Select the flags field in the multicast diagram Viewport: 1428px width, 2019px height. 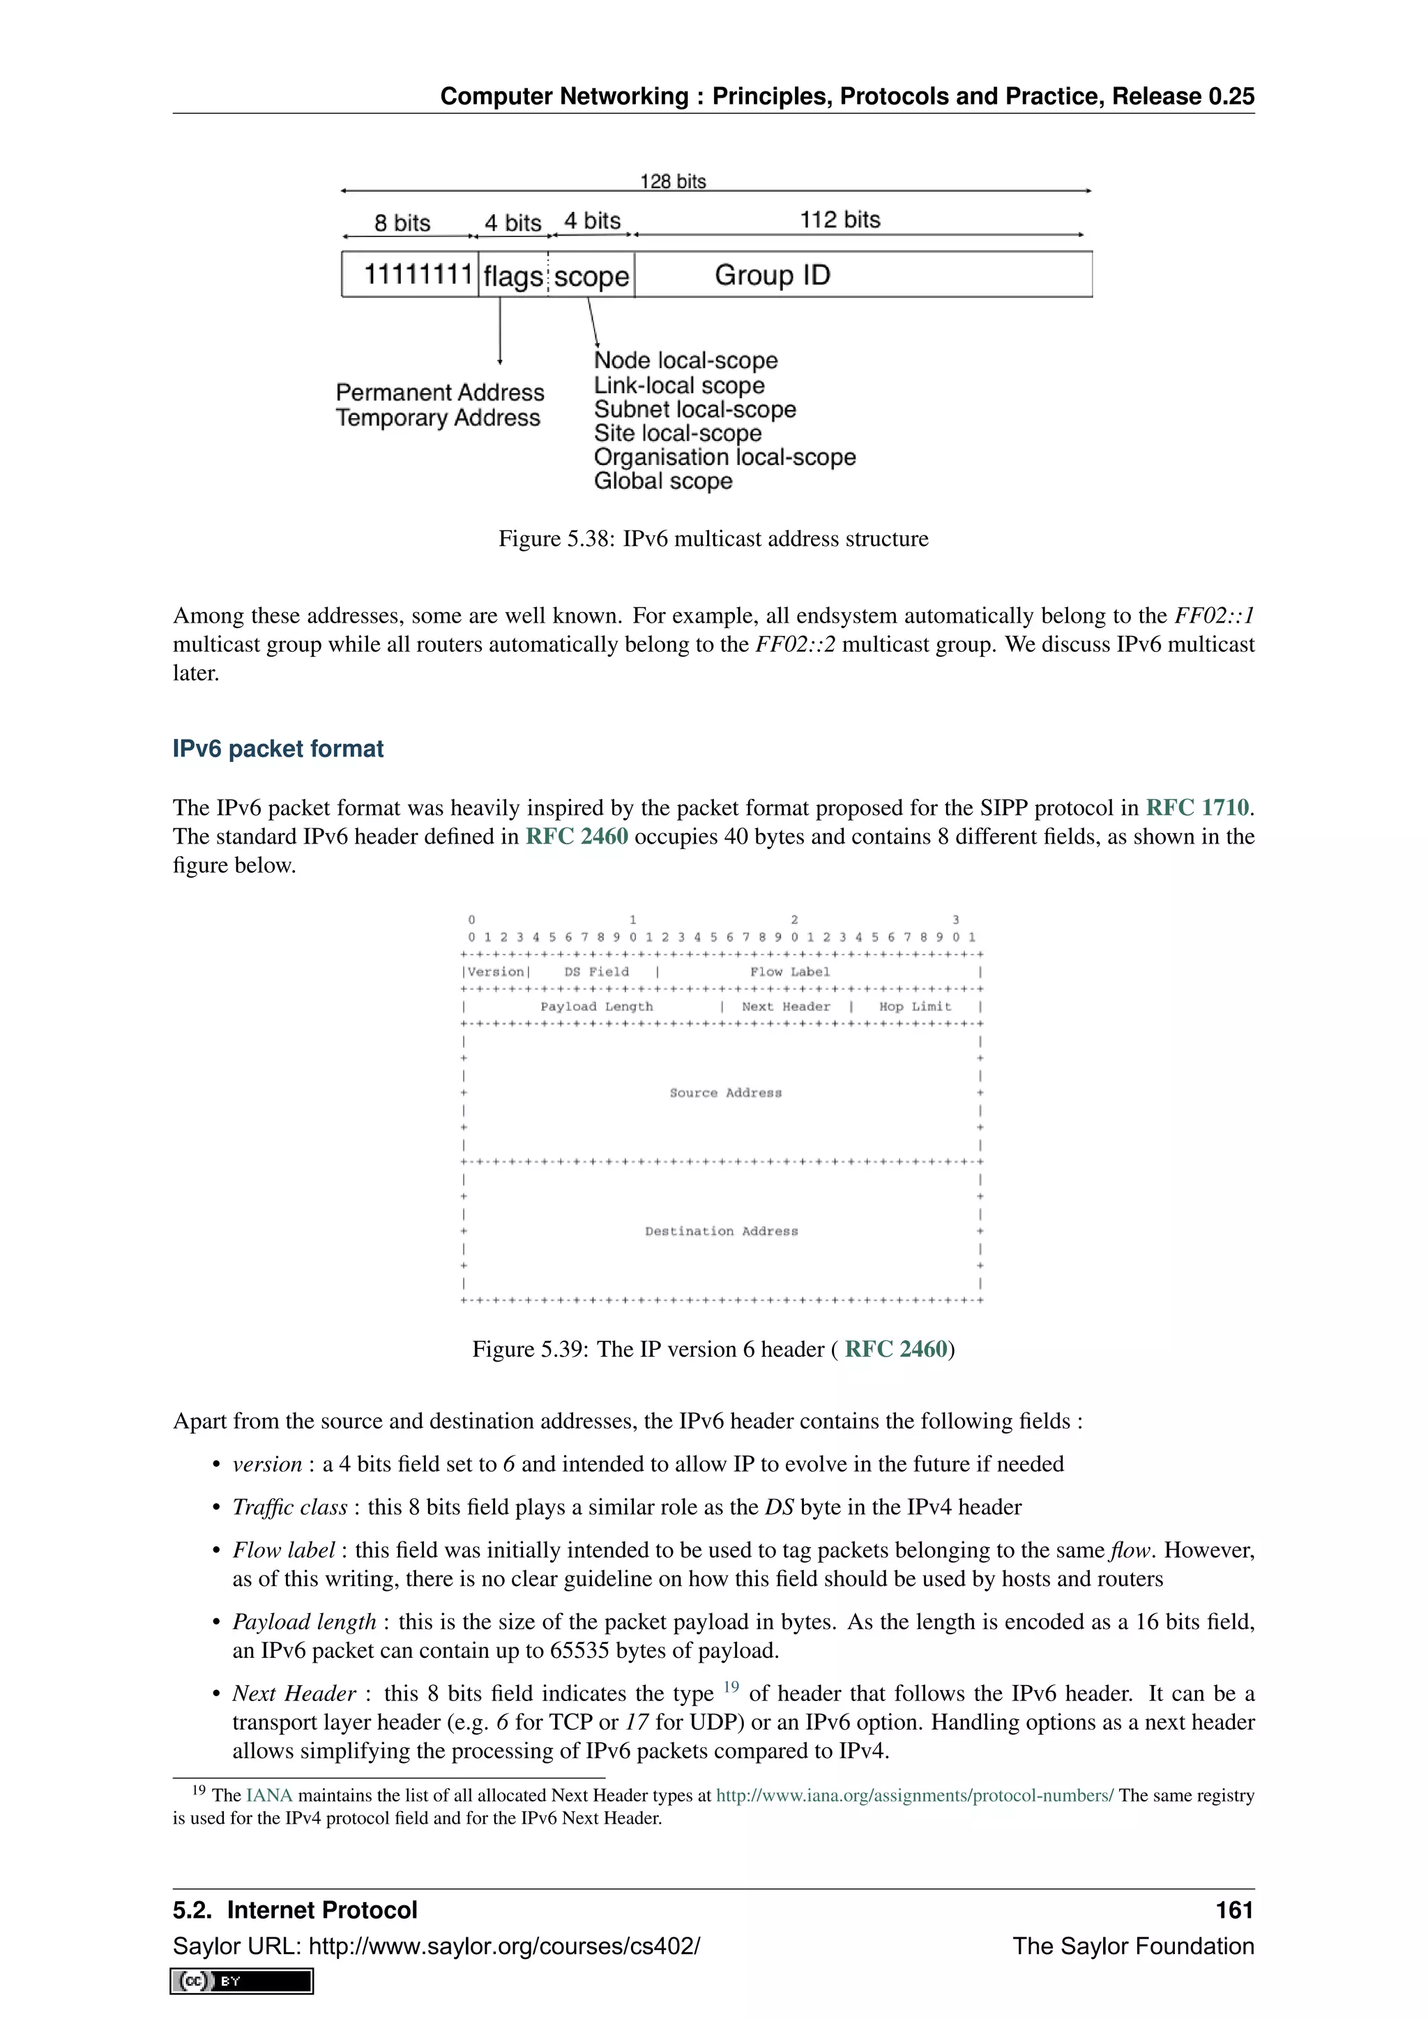pyautogui.click(x=512, y=276)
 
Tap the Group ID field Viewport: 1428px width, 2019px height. pyautogui.click(x=772, y=275)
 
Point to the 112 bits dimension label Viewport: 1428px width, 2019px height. pyautogui.click(x=840, y=220)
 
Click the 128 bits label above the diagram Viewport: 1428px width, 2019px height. pyautogui.click(x=673, y=181)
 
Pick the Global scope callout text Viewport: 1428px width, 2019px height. pyautogui.click(x=663, y=481)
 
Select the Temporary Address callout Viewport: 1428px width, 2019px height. pyautogui.click(x=438, y=418)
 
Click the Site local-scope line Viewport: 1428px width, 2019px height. pyautogui.click(x=677, y=433)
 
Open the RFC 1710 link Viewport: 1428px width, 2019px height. pyautogui.click(x=1197, y=807)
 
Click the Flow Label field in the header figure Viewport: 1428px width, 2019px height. pyautogui.click(x=789, y=972)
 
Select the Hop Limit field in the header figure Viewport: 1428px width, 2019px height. pyautogui.click(x=915, y=1006)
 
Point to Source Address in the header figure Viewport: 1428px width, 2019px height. pyautogui.click(x=725, y=1092)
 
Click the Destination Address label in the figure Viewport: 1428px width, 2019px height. pyautogui.click(x=721, y=1231)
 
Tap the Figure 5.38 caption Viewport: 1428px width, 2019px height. pyautogui.click(x=713, y=538)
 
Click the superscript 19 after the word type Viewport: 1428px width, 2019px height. pyautogui.click(x=731, y=1686)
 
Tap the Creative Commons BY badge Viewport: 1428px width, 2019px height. pyautogui.click(x=242, y=1981)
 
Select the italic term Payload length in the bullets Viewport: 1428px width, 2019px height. pyautogui.click(x=304, y=1622)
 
